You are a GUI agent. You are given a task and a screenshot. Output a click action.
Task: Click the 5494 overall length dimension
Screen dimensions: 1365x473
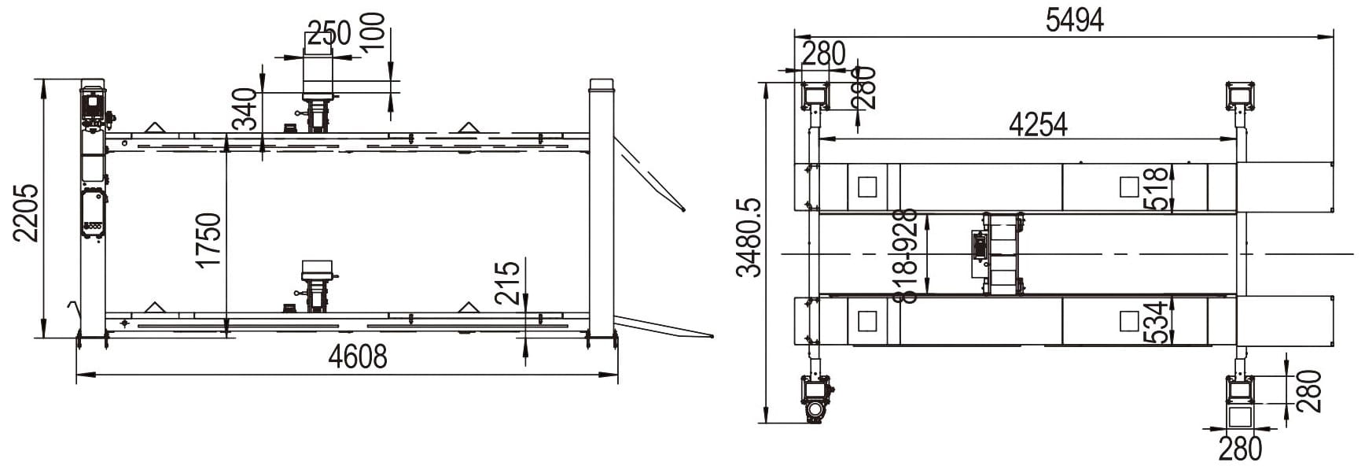click(1074, 20)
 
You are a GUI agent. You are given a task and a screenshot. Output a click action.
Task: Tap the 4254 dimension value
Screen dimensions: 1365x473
click(1038, 124)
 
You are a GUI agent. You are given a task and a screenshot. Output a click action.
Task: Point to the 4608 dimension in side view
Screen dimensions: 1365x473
click(358, 357)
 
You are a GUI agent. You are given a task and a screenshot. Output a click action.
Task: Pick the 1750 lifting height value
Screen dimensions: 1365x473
click(209, 239)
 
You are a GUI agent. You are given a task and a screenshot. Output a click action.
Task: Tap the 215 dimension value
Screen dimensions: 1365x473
click(508, 283)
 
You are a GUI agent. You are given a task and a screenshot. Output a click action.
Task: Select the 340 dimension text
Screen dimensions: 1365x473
click(245, 108)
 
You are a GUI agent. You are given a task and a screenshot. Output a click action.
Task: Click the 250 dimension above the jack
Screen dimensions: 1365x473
click(329, 34)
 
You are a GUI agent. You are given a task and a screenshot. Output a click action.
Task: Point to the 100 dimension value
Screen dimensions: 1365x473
click(373, 31)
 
